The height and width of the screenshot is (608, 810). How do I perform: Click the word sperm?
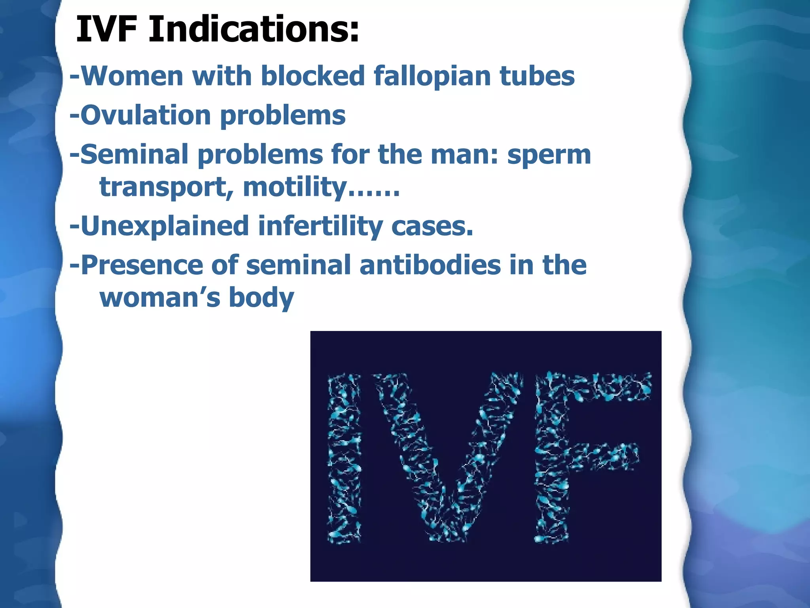tap(549, 155)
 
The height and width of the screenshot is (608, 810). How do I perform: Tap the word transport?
tap(166, 187)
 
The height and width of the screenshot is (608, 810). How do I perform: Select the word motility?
tap(295, 187)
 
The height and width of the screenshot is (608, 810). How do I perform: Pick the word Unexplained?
tap(165, 226)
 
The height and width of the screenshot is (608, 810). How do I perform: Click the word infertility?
tap(320, 226)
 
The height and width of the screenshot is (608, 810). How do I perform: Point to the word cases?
tap(432, 226)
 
